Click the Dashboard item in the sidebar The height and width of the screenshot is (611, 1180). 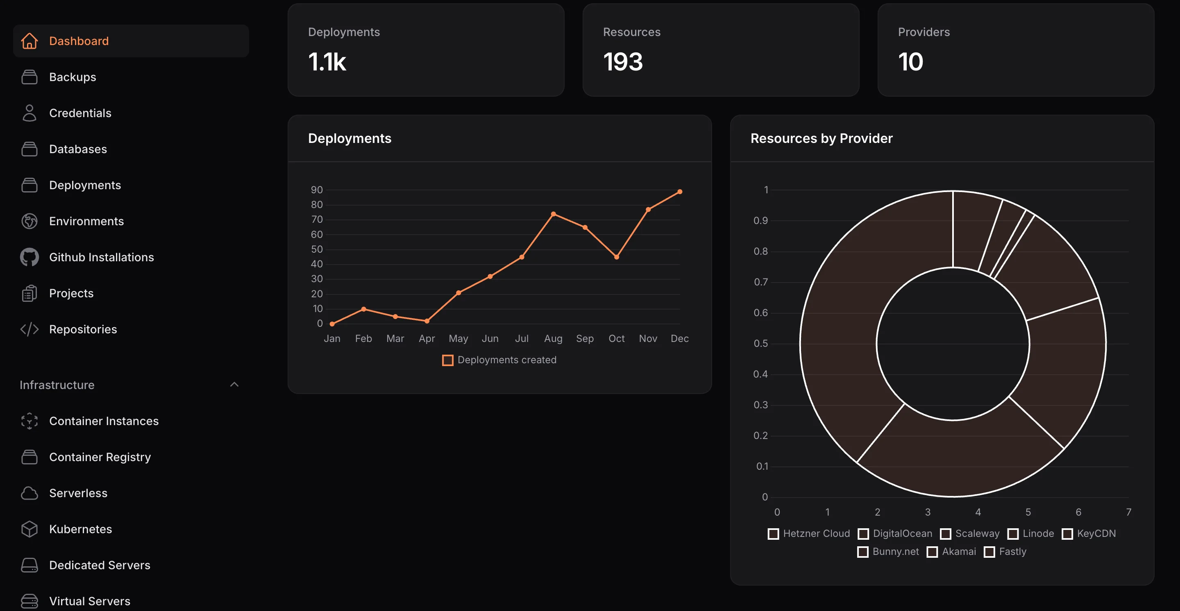pos(79,41)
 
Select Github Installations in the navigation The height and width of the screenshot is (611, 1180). pos(101,257)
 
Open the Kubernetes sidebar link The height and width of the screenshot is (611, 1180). pos(80,529)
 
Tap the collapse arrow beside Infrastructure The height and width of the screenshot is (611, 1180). pos(234,385)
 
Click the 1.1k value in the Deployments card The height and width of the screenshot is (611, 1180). pos(327,62)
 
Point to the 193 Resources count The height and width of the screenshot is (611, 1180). pos(623,62)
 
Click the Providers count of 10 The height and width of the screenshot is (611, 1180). pos(910,62)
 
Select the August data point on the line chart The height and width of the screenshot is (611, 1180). pos(554,214)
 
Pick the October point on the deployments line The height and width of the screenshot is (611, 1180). pos(617,257)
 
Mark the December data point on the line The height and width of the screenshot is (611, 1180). pos(680,192)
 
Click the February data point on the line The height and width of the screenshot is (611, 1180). pos(364,309)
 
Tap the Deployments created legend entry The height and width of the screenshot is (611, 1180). pos(499,360)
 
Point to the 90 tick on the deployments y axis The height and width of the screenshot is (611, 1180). pos(317,190)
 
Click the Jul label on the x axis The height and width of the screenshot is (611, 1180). pos(522,339)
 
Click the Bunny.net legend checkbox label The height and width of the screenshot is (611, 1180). pos(888,552)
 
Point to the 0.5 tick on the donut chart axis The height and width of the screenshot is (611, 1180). pos(761,343)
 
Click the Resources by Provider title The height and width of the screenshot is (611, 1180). pos(821,138)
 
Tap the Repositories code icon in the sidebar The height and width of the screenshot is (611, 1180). pos(29,330)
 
